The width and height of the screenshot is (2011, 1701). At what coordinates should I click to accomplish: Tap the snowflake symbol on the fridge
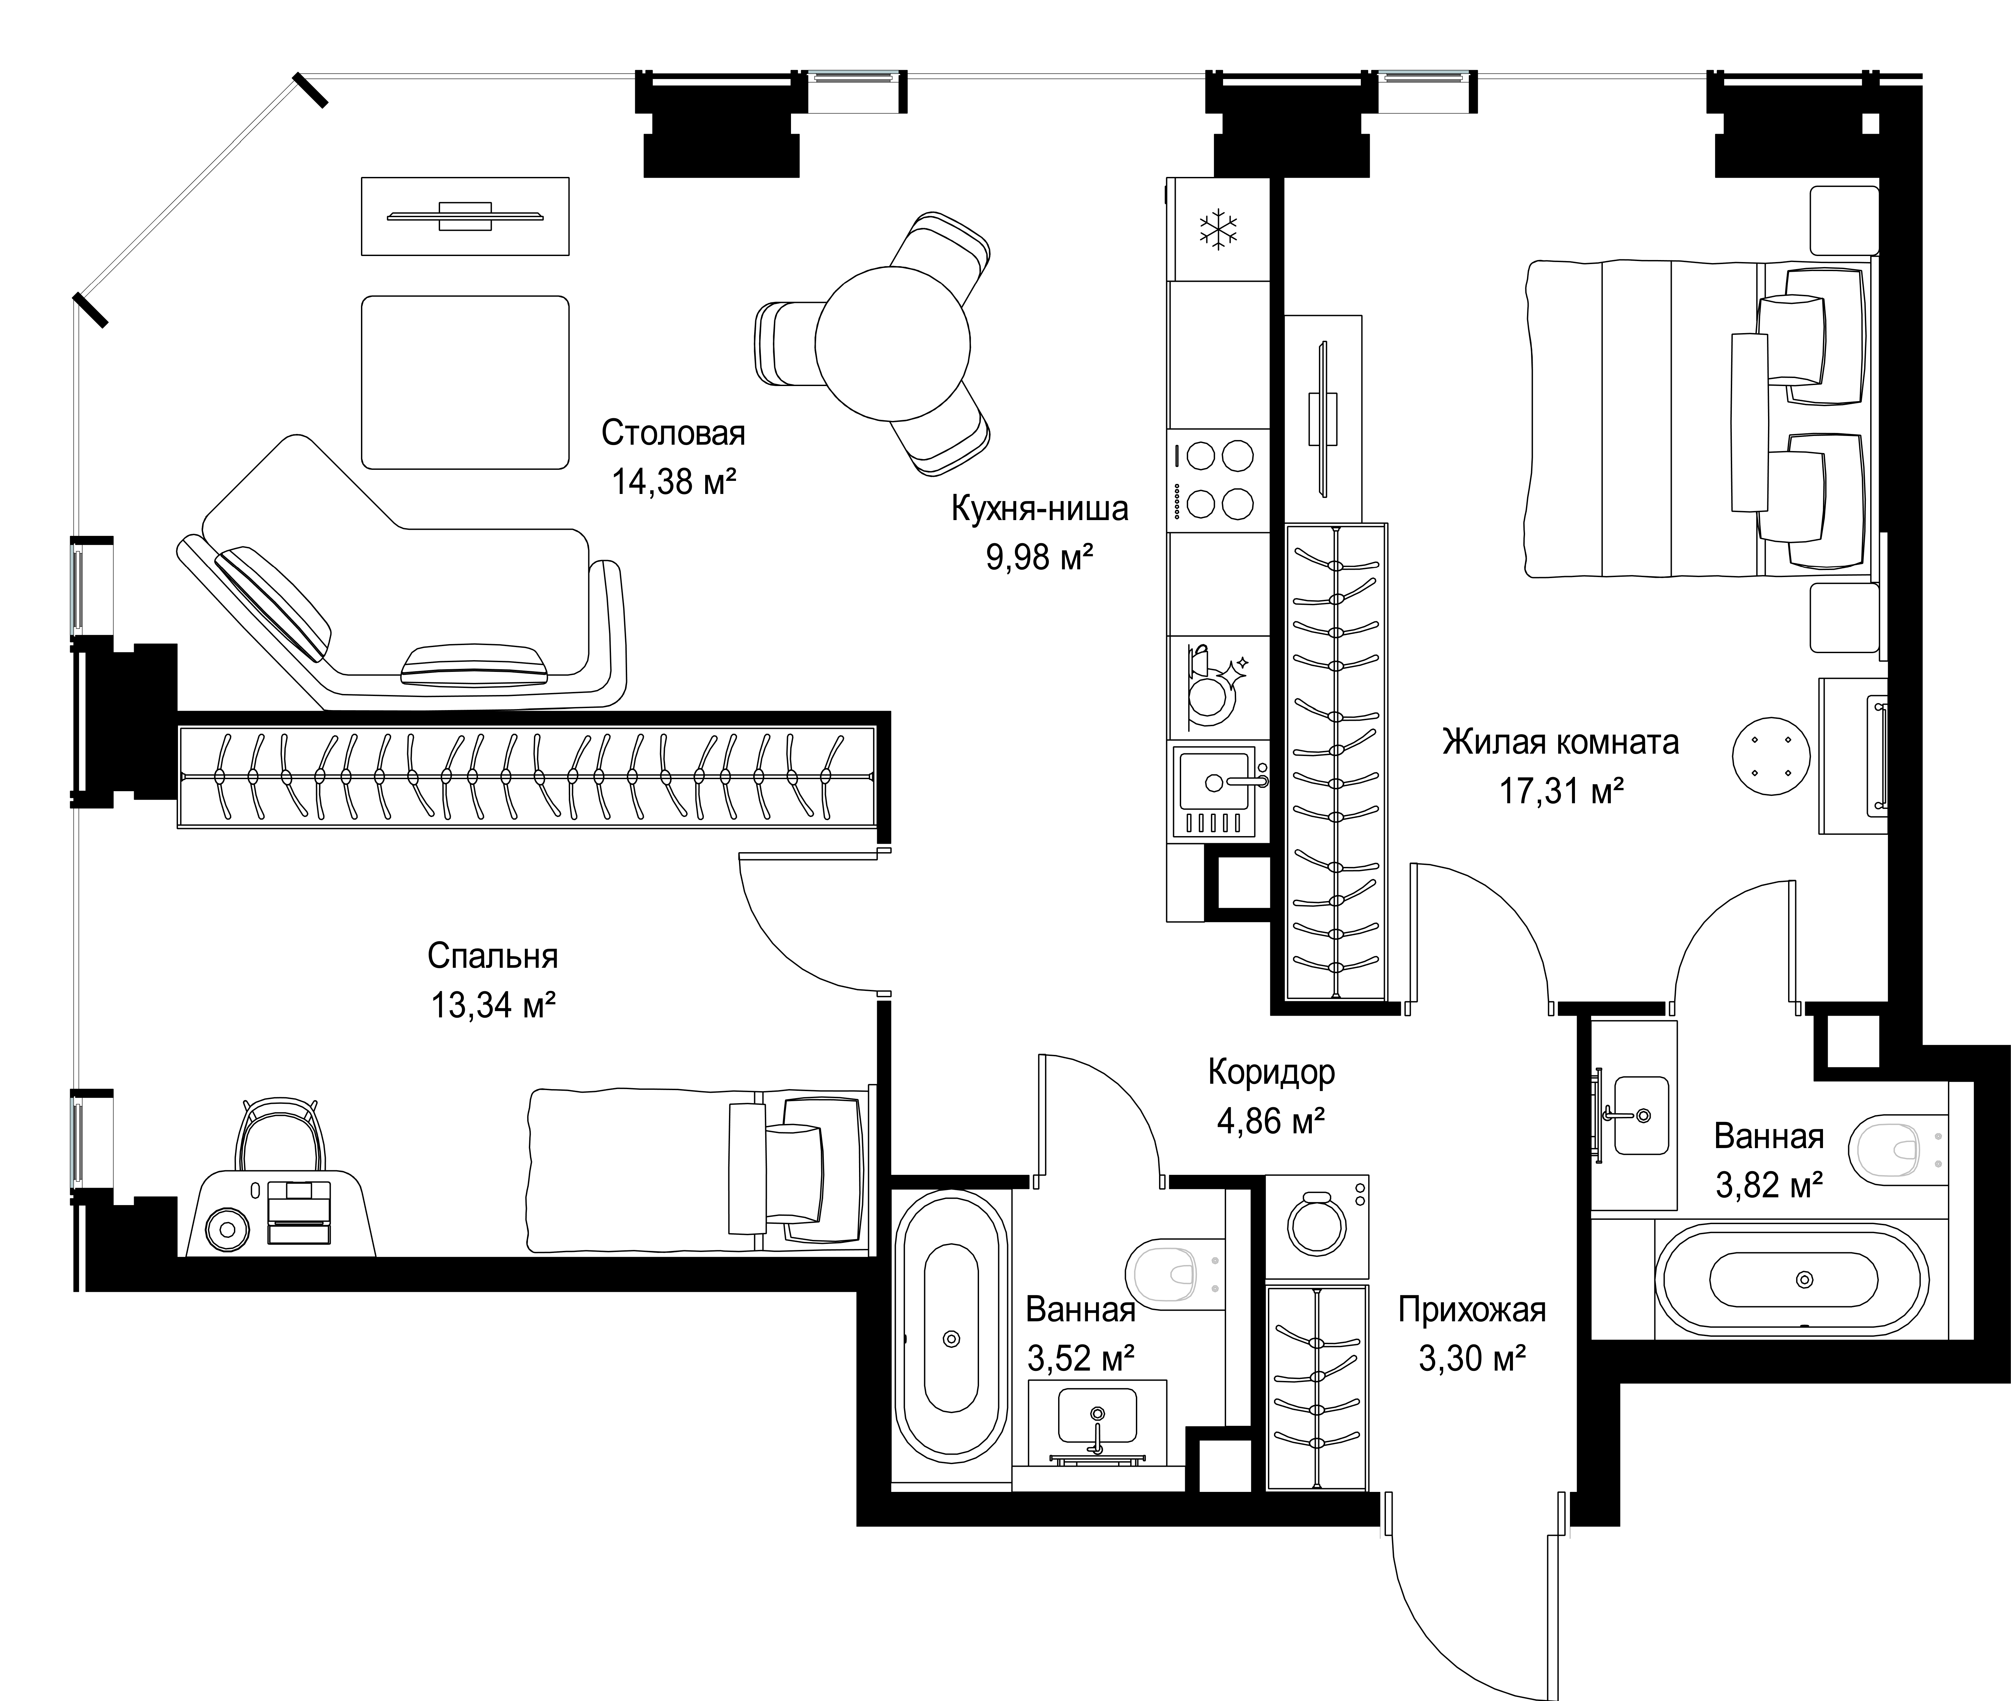pos(1218,230)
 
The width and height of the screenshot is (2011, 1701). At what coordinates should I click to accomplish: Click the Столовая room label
pos(673,433)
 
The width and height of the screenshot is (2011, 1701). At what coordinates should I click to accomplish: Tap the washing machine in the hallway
pos(1317,1226)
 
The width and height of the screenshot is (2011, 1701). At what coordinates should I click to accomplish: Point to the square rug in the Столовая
pos(465,382)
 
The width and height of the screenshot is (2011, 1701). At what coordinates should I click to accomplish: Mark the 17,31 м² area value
pos(1561,791)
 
